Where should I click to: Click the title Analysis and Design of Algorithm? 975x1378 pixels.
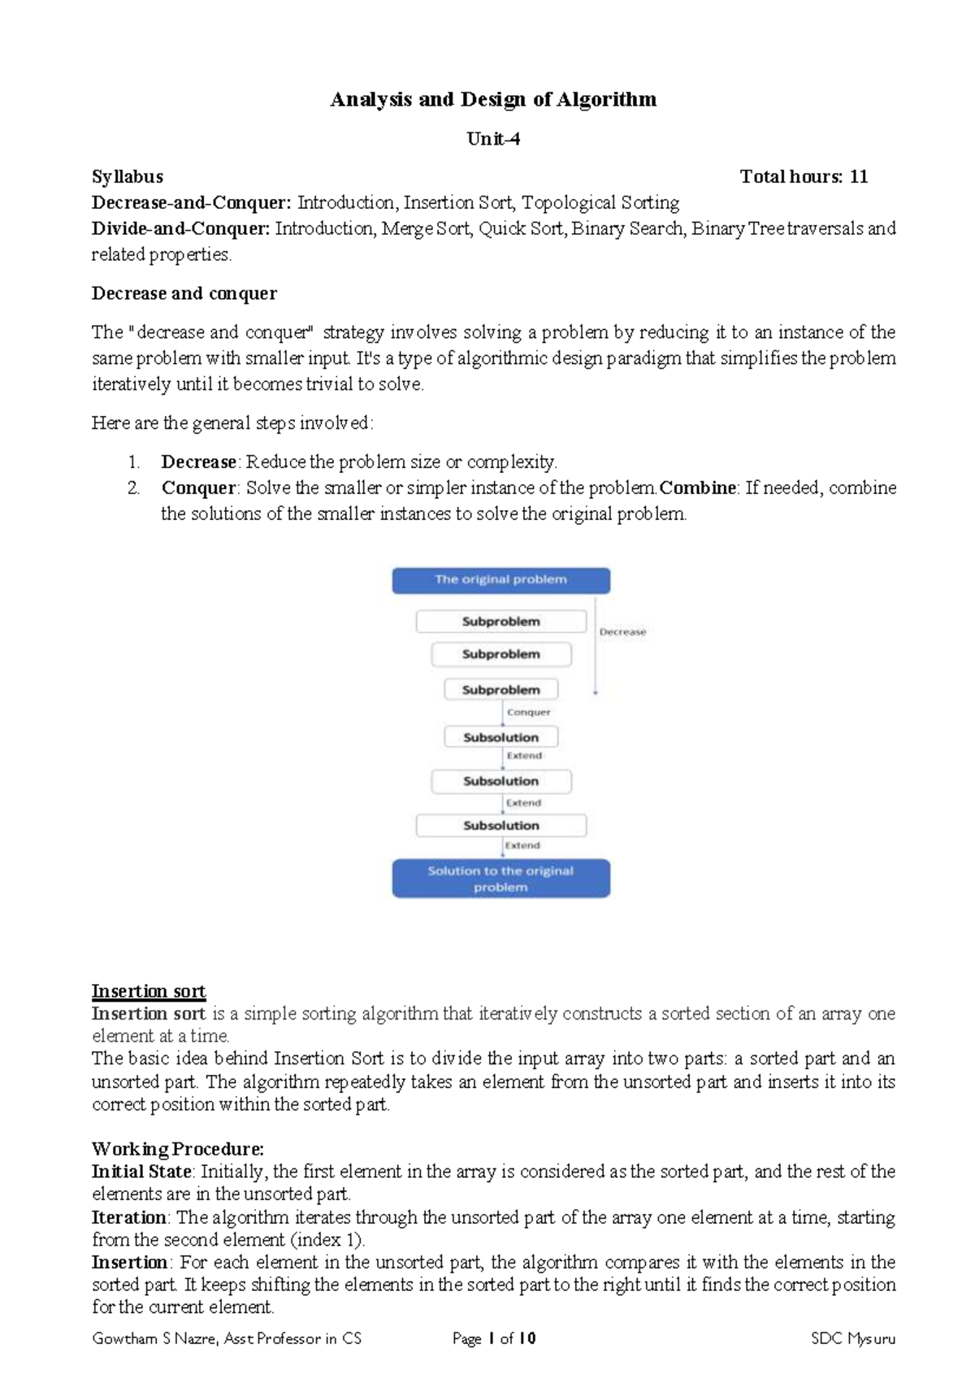[x=492, y=100]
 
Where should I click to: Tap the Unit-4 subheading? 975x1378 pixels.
[x=492, y=139]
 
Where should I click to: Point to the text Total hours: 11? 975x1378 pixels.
[x=804, y=176]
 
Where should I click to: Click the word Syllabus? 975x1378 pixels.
[x=128, y=176]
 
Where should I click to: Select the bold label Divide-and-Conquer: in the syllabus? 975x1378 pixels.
[x=180, y=228]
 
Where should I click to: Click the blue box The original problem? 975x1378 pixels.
[x=500, y=580]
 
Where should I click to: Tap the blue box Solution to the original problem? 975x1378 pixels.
[x=500, y=878]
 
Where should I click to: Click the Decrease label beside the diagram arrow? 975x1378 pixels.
[x=622, y=631]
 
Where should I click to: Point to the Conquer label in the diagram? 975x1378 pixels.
[x=528, y=712]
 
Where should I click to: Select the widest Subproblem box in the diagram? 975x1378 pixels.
[x=500, y=622]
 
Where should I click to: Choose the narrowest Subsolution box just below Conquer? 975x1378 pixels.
[x=500, y=737]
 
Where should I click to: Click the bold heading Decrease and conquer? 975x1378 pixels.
[x=184, y=293]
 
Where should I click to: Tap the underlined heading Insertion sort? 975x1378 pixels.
[x=149, y=991]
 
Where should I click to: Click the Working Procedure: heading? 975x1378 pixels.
[x=178, y=1149]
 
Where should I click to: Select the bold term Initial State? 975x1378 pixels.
[x=141, y=1172]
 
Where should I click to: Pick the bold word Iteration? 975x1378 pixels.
[x=129, y=1217]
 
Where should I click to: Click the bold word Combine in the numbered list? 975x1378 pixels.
[x=697, y=487]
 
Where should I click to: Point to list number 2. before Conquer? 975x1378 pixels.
[x=134, y=487]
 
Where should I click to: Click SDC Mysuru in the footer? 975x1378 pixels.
[x=852, y=1338]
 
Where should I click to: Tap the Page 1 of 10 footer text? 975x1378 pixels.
[x=493, y=1338]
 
